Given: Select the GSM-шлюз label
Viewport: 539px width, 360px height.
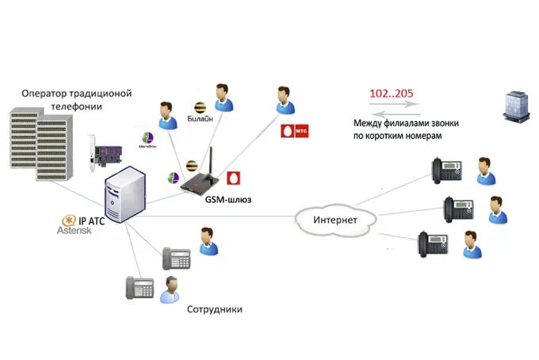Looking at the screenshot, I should coord(227,199).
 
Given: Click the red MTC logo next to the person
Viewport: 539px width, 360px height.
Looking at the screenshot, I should coord(291,129).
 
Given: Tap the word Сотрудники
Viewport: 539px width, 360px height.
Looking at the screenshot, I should coord(215,308).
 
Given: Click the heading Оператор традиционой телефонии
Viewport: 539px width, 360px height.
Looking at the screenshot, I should coord(76,98).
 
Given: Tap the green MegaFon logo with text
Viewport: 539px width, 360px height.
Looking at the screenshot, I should coord(148,139).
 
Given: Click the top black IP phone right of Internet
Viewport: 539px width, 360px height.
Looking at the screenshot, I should coord(447,170).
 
